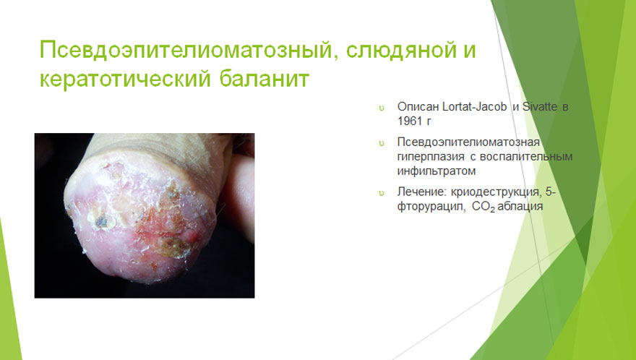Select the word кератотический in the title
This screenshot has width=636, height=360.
[125, 78]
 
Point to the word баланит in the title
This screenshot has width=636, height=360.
[265, 78]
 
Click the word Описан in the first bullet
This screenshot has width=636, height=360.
[418, 107]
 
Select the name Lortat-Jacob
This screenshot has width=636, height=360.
[475, 107]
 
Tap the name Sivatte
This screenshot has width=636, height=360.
[539, 107]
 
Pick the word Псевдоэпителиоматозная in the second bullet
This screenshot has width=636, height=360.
[468, 142]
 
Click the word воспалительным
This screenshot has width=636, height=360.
[526, 157]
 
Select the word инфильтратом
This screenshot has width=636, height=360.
[437, 171]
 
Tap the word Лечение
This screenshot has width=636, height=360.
[422, 192]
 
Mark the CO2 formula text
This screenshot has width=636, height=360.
[484, 207]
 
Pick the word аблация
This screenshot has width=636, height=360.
[520, 206]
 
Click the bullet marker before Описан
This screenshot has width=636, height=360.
[382, 108]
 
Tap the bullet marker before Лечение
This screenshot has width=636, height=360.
[382, 193]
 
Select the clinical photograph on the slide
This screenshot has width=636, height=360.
[145, 215]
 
